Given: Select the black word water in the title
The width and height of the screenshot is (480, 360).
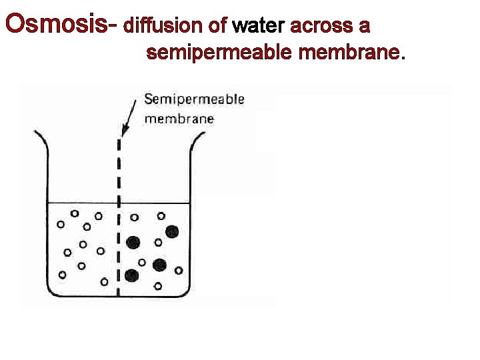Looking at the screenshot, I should [257, 26].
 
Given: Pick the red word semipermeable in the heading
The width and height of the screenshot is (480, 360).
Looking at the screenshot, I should [219, 52].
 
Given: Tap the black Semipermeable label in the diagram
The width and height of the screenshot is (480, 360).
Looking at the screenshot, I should [195, 100].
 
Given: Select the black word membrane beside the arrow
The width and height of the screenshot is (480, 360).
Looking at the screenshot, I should [179, 119].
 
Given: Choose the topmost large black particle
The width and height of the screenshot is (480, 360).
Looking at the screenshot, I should [172, 231].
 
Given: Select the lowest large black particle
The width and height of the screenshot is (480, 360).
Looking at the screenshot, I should [131, 275].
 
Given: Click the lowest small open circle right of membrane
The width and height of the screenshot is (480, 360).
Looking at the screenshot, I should [158, 287].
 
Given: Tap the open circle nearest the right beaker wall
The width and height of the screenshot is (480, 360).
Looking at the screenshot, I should [179, 270].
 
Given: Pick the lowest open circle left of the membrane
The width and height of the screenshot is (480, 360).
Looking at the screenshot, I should [104, 282].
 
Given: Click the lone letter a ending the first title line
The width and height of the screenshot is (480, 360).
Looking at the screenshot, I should [364, 27].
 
